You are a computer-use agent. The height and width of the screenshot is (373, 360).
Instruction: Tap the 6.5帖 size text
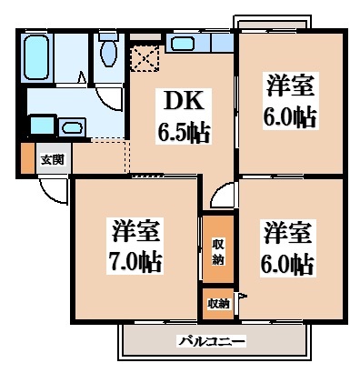184,133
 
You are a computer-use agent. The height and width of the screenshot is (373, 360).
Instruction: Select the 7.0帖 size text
135,263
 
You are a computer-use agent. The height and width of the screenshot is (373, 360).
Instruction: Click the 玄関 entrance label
52,159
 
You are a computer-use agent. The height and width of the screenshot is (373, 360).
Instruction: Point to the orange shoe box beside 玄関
26,159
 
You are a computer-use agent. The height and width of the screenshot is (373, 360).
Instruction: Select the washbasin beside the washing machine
40,125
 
